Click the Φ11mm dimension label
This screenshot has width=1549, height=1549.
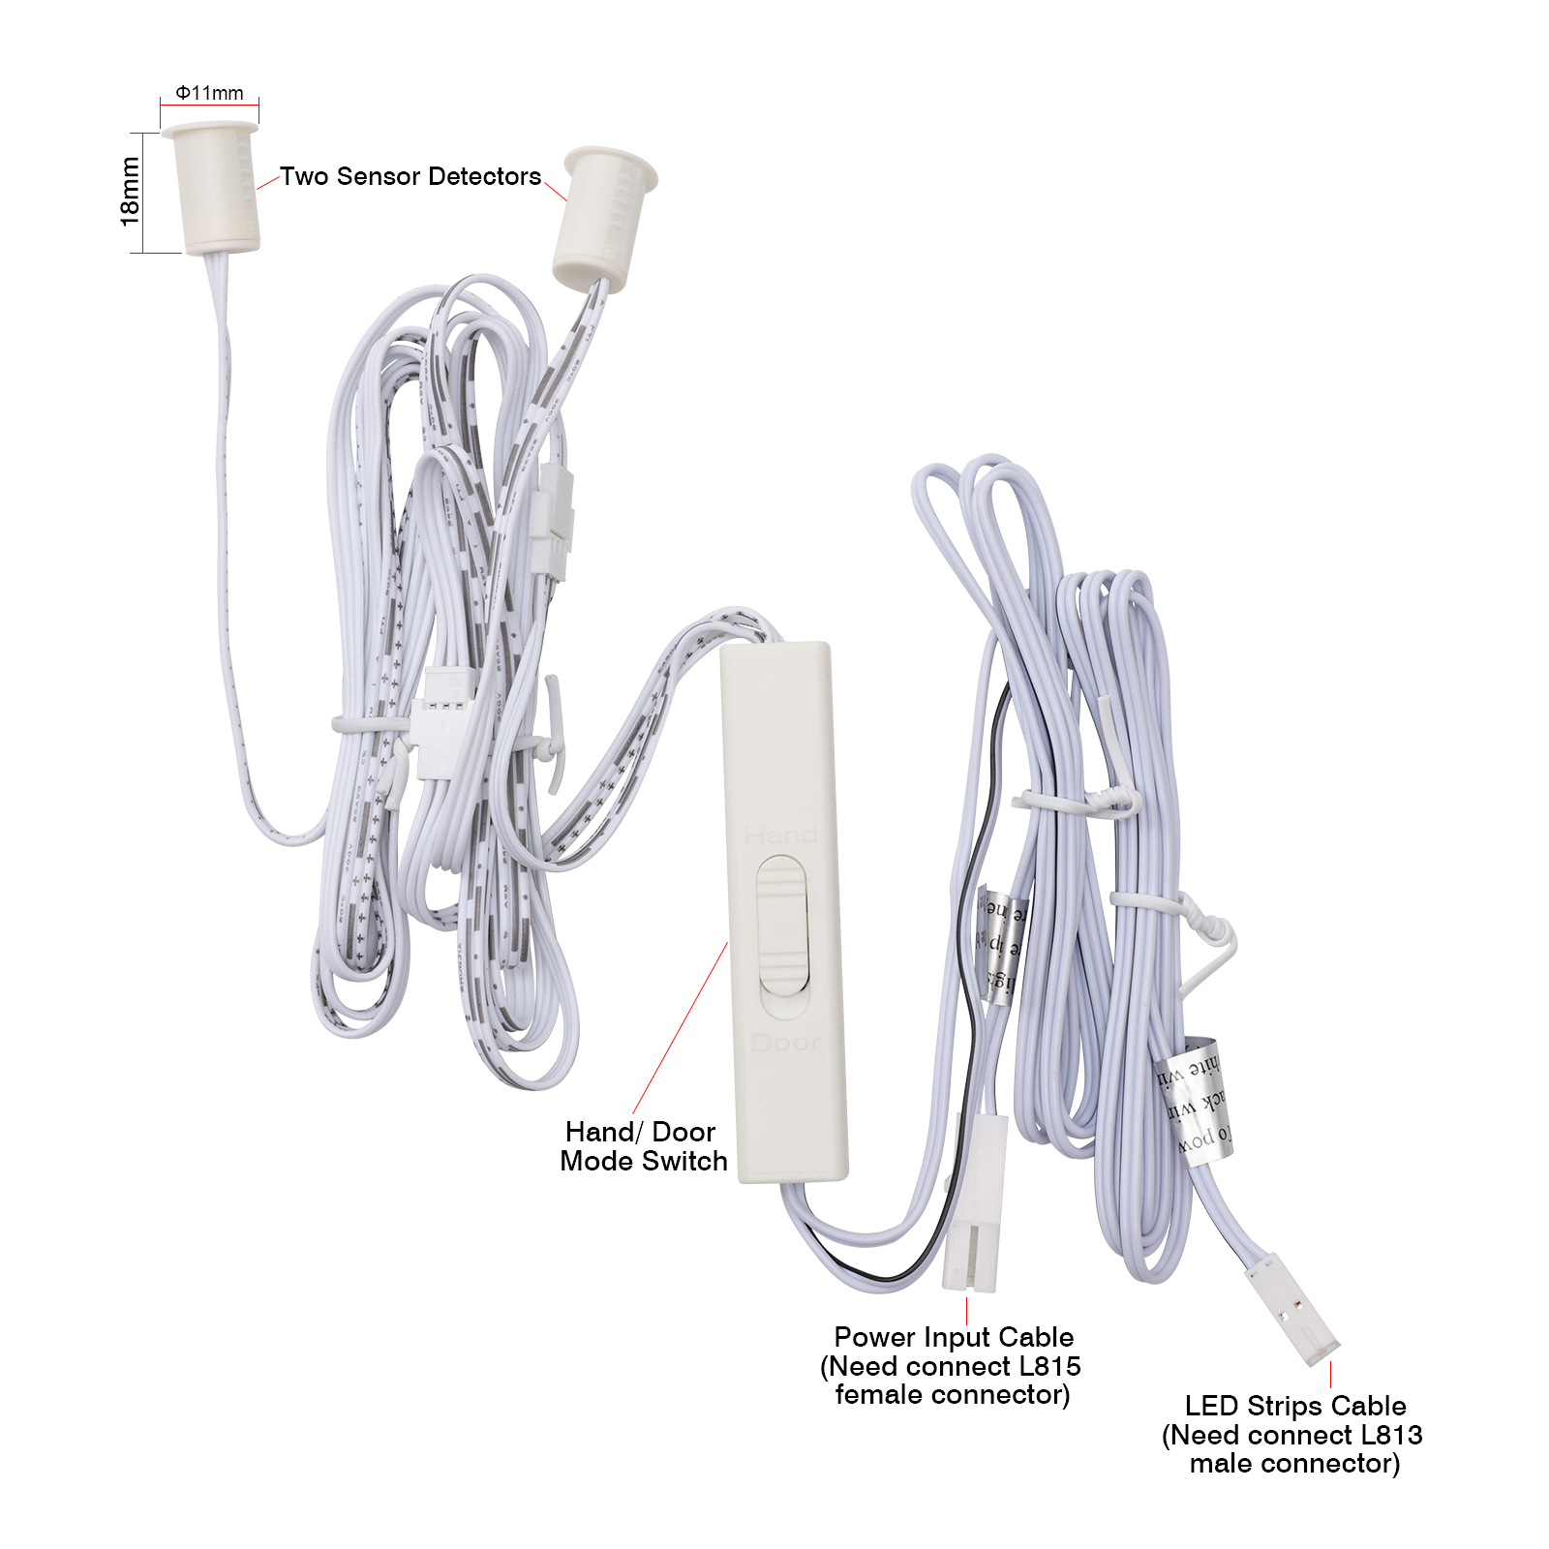click(209, 93)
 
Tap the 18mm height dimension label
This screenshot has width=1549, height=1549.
click(129, 192)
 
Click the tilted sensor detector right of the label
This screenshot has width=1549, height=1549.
click(600, 218)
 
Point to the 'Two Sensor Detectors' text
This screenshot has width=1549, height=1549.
click(410, 176)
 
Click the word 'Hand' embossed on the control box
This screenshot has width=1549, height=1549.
click(780, 835)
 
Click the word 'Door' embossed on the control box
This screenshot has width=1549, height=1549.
click(785, 1043)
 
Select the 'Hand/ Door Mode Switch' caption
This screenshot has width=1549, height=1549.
click(643, 1146)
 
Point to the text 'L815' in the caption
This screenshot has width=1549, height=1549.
click(1049, 1366)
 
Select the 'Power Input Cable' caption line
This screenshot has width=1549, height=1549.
click(954, 1337)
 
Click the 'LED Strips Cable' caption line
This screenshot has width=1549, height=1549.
click(1295, 1406)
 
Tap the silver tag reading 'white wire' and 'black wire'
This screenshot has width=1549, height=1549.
click(1195, 1104)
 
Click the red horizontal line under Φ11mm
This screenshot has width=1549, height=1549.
click(209, 105)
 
